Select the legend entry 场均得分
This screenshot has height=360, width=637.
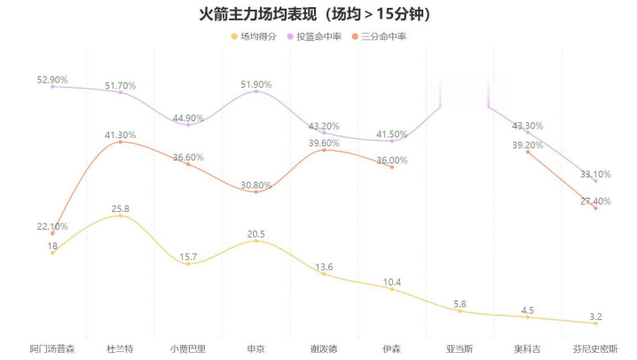258,36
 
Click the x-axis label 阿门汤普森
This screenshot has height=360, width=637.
52,348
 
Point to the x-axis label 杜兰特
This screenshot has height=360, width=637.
121,348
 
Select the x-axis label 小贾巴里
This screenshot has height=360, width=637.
188,348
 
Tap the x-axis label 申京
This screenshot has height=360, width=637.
256,348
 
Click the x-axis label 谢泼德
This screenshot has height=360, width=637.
324,348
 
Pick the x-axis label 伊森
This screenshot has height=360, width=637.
392,348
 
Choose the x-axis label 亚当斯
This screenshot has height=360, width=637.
460,348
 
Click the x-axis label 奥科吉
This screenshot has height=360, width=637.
528,348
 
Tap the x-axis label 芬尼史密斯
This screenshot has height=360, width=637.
595,348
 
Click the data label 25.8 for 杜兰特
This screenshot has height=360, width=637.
121,208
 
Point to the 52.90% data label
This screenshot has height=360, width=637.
52,80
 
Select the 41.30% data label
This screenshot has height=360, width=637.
121,135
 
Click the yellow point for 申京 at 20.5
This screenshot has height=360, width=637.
256,240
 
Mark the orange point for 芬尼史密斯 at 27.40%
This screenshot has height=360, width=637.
595,207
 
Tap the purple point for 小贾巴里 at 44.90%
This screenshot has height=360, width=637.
188,125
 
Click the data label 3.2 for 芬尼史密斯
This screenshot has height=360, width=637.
595,315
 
